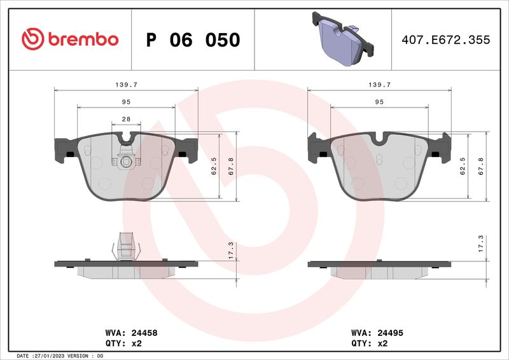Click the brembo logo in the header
point(69,39)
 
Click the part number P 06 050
point(193,40)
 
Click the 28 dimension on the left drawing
point(126,119)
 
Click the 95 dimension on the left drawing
point(126,102)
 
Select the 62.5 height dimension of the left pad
point(214,167)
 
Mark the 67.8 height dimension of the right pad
point(482,167)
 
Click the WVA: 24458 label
point(130,332)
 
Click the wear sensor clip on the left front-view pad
point(126,160)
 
